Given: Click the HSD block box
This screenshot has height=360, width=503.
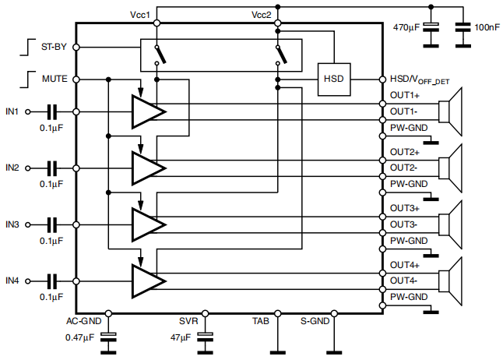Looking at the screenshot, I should pos(333,79).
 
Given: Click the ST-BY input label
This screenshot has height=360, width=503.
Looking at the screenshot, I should pos(53,47).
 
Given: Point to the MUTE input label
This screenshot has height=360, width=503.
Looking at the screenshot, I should pos(53,79).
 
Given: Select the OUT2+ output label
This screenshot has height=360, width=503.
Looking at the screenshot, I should pos(404,152).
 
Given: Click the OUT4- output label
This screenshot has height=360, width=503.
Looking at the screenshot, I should pos(404,281).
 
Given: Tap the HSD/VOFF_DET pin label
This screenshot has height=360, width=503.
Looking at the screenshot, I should pos(419,79).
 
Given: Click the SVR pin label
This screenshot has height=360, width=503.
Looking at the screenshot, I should pos(189,321).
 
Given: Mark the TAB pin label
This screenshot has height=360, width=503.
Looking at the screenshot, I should pos(261,321).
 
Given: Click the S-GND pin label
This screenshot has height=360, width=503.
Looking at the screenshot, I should pos(315,321).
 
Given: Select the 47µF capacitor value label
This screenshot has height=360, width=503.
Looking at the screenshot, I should pos(180,338).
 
